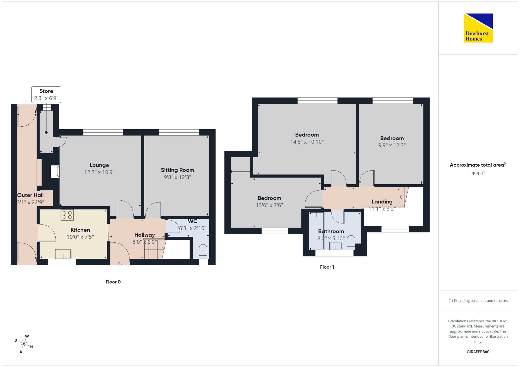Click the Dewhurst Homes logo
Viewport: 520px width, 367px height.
pyautogui.click(x=478, y=28)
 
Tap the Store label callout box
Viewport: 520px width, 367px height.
pyautogui.click(x=46, y=95)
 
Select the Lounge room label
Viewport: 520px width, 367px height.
pyautogui.click(x=99, y=165)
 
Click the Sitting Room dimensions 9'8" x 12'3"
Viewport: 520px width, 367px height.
pyautogui.click(x=177, y=177)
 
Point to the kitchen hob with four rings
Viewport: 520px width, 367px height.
pyautogui.click(x=67, y=215)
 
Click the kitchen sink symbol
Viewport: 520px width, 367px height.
pyautogui.click(x=63, y=254)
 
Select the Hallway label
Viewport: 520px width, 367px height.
pyautogui.click(x=145, y=235)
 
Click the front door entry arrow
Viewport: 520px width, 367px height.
pyautogui.click(x=120, y=264)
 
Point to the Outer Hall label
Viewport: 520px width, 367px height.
pyautogui.click(x=30, y=195)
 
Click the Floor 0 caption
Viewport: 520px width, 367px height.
pyautogui.click(x=113, y=282)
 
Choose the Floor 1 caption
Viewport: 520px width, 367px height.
pyautogui.click(x=327, y=267)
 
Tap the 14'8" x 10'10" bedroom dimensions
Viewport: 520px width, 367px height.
pyautogui.click(x=307, y=142)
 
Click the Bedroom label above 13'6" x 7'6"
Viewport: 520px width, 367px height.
pyautogui.click(x=269, y=198)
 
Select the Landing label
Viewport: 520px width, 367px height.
pyautogui.click(x=382, y=202)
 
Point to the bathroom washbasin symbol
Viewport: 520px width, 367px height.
pyautogui.click(x=336, y=246)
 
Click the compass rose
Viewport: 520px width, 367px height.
pyautogui.click(x=24, y=344)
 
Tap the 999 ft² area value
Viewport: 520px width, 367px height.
pyautogui.click(x=478, y=173)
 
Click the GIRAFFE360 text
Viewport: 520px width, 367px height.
pyautogui.click(x=478, y=352)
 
